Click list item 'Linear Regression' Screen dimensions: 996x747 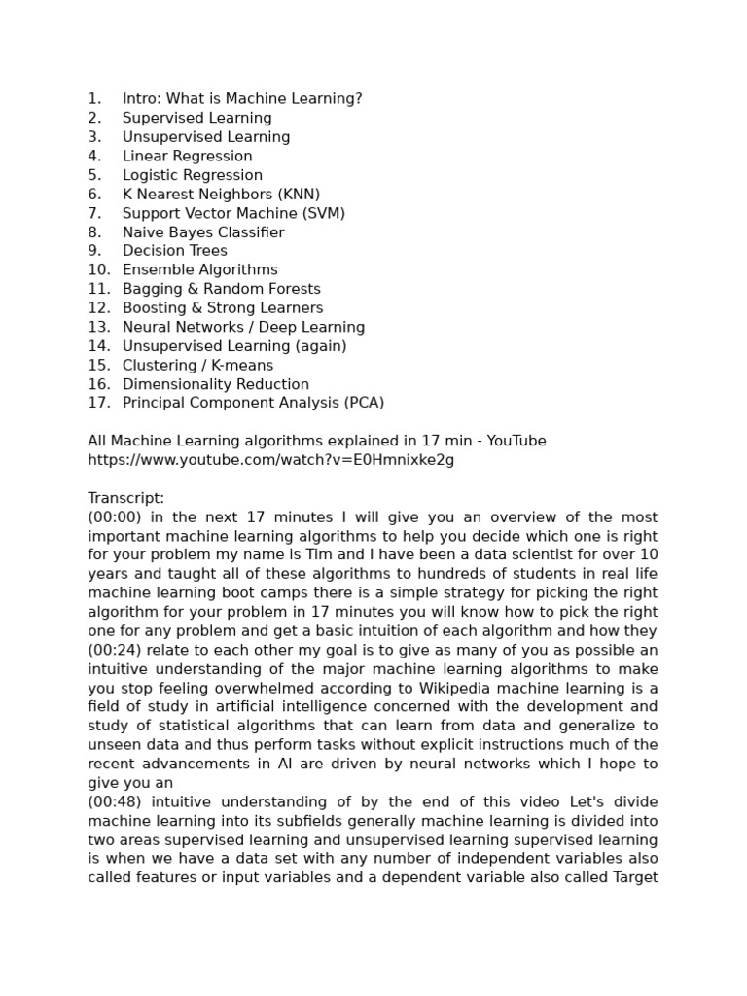[187, 156]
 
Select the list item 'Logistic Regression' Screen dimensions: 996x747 [192, 175]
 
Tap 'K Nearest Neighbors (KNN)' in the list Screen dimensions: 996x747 [221, 194]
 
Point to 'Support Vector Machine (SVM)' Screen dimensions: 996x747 [233, 213]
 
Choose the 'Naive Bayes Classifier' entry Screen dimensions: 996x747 [203, 232]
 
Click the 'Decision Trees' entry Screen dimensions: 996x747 [174, 251]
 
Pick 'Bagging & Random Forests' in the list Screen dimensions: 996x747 [221, 289]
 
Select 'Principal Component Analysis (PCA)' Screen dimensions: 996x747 [253, 403]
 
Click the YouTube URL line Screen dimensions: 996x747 [270, 460]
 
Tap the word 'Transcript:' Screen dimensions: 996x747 [126, 498]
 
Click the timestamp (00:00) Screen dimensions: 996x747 [115, 517]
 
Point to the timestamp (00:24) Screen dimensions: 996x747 [115, 650]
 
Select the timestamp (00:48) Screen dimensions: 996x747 [115, 802]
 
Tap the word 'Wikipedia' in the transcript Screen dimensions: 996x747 [456, 688]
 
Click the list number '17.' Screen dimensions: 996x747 [99, 403]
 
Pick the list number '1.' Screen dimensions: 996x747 [94, 98]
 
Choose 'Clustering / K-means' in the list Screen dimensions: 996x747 [197, 365]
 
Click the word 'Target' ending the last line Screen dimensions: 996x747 [634, 877]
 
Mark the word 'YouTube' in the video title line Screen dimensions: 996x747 [516, 441]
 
